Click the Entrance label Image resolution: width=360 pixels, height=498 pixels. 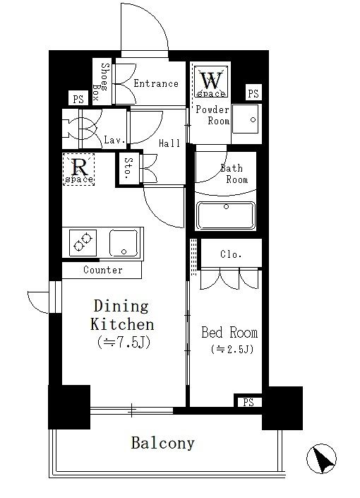(156, 83)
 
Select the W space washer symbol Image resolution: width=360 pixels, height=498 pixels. (211, 81)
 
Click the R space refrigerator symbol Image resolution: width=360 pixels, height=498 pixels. (79, 170)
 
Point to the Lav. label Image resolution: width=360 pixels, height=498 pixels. (114, 139)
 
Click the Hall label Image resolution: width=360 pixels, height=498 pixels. (169, 143)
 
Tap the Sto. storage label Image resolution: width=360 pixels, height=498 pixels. (128, 168)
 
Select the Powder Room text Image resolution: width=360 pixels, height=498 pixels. (212, 115)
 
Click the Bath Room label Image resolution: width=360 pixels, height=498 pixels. (234, 174)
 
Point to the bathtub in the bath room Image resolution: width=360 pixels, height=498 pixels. (226, 215)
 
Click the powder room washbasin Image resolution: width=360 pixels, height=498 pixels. (245, 119)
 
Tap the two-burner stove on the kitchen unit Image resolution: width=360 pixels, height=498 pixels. (83, 243)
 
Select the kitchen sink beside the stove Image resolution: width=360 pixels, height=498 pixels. (124, 243)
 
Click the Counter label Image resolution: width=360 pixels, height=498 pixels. (103, 270)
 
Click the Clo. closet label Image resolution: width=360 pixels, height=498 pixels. (231, 254)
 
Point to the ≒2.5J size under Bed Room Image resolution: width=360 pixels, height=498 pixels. (232, 349)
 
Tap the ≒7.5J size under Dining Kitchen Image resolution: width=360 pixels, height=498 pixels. (124, 343)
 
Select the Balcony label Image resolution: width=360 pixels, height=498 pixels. (162, 443)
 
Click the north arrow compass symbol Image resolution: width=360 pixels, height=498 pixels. (321, 458)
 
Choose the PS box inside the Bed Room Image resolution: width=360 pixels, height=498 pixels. (248, 402)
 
